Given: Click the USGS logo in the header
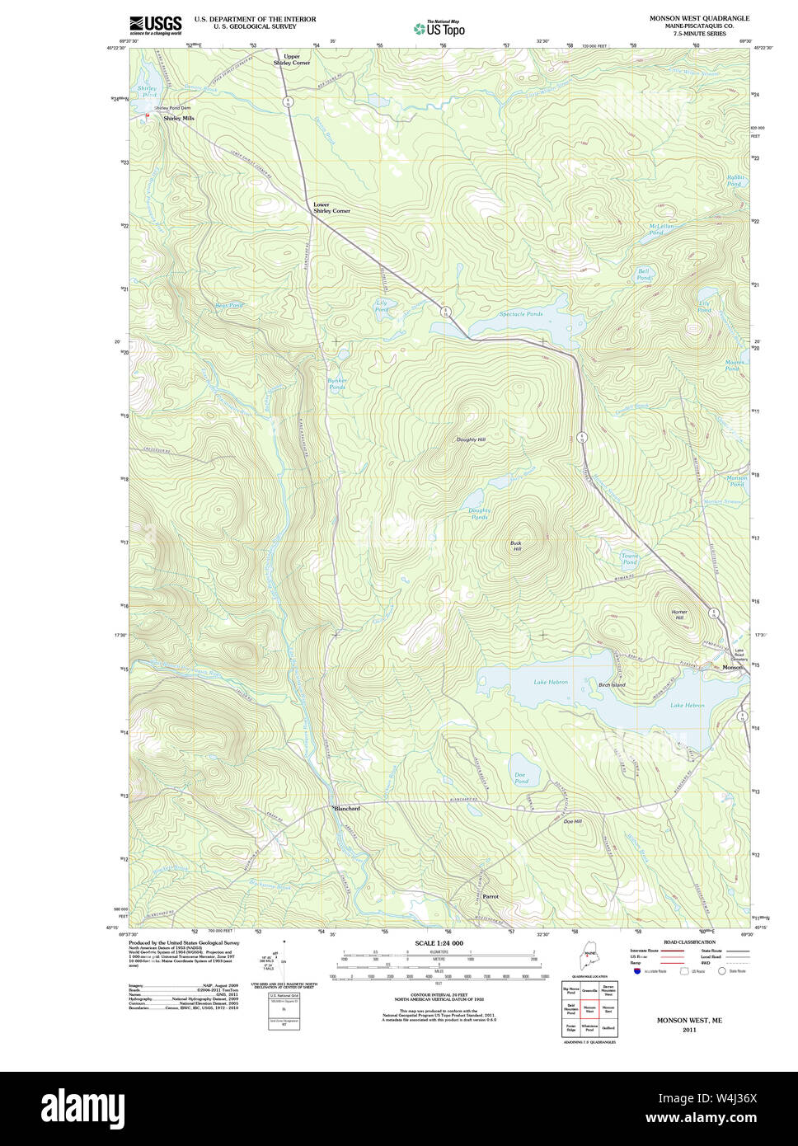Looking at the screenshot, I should coord(155,26).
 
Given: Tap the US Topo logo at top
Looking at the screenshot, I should coord(439,29).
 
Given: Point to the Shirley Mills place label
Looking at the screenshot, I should coord(179,119).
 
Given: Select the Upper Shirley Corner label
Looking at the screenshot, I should coord(292,59).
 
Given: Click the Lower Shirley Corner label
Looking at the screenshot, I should coord(331,208).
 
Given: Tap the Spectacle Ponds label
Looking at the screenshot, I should coord(521,314).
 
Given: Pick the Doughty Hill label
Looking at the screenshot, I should coord(471,439).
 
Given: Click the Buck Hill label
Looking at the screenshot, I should coord(516,546).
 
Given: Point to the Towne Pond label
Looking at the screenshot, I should coord(630,559).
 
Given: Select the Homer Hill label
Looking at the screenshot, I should coord(679,614).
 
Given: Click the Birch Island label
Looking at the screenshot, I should coord(612,684).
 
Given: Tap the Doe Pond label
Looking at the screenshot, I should coord(520,777).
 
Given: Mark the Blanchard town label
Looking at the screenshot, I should coord(347,809).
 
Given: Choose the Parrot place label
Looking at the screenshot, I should coord(491,896).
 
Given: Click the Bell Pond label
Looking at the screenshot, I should coord(643,274).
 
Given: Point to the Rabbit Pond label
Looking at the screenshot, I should coord(735,181).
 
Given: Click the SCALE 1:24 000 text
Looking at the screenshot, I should coord(439,943).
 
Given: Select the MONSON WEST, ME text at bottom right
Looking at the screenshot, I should coord(688,1020).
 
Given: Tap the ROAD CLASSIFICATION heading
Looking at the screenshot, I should coord(689,942).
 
